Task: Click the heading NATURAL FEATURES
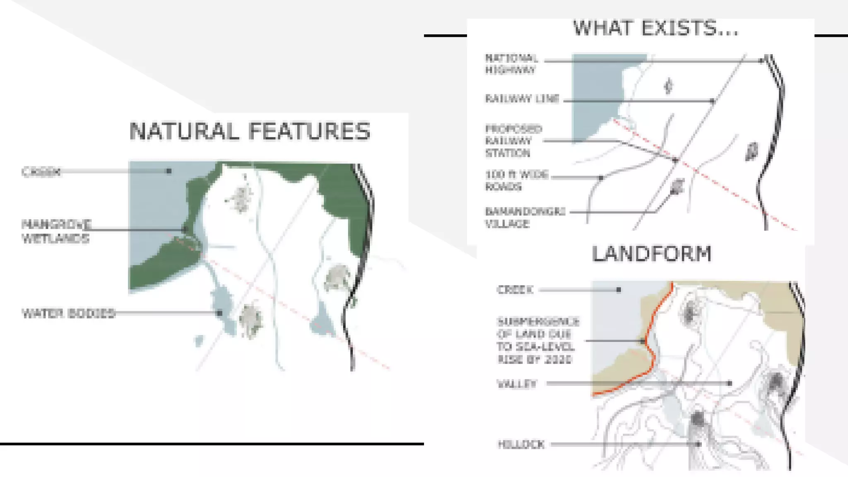click(x=250, y=131)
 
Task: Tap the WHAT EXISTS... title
click(x=655, y=28)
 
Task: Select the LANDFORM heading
click(x=652, y=254)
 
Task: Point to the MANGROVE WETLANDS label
click(x=56, y=231)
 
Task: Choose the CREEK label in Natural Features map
click(x=41, y=172)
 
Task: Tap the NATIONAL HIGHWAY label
click(x=511, y=64)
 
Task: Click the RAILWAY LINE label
click(x=522, y=99)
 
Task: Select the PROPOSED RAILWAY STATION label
click(x=513, y=141)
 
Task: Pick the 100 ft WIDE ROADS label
click(x=516, y=181)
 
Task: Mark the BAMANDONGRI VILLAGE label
click(x=525, y=218)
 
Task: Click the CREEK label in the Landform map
click(x=515, y=290)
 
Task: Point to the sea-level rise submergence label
click(x=537, y=340)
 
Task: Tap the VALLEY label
click(x=517, y=384)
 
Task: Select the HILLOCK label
click(x=521, y=445)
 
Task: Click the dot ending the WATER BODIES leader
click(x=220, y=313)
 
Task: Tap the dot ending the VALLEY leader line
click(x=730, y=383)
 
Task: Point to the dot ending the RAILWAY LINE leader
click(x=713, y=101)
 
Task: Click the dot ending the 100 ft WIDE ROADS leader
click(x=601, y=178)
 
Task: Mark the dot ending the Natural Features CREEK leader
click(x=169, y=171)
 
